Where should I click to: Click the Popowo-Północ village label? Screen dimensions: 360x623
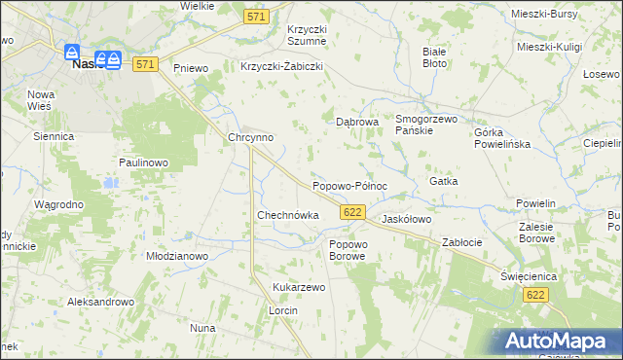[x=349, y=186]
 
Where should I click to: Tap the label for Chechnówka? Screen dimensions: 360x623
[x=287, y=215]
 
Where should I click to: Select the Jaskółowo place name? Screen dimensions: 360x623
[x=406, y=220]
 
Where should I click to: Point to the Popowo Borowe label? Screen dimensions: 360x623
[x=347, y=250]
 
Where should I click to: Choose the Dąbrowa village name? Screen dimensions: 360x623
[x=356, y=123]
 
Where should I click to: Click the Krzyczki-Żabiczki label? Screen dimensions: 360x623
[x=280, y=67]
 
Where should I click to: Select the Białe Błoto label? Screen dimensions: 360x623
[x=434, y=56]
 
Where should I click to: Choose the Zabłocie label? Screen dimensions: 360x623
[x=462, y=242]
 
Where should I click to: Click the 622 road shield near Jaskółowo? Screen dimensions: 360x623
[x=353, y=212]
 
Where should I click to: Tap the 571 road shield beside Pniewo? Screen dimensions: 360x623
[x=145, y=64]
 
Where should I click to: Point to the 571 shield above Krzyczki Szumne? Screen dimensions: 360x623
[x=256, y=18]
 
